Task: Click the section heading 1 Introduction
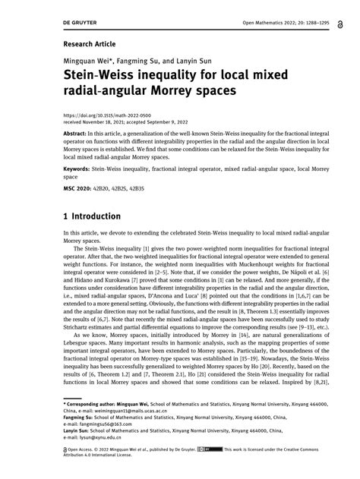pyautogui.click(x=102, y=216)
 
